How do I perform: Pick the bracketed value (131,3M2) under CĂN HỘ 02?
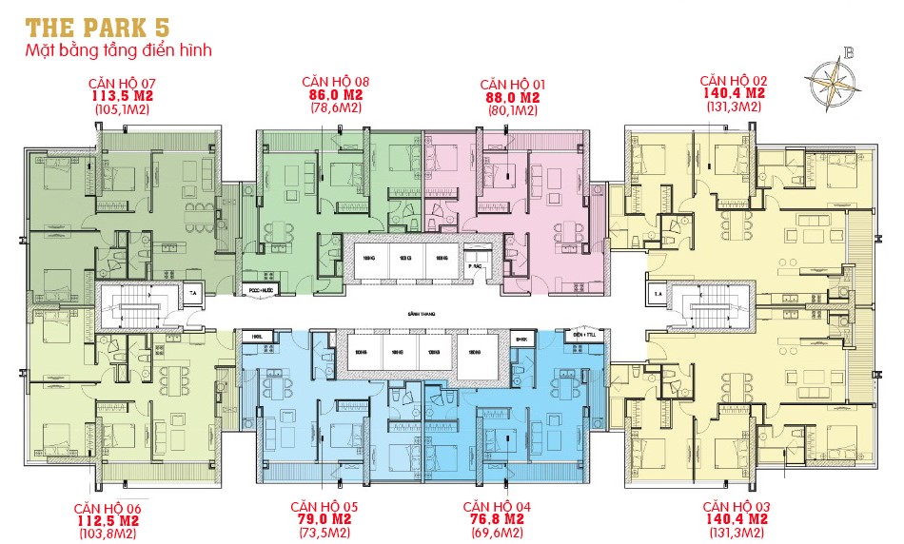click(x=733, y=108)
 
